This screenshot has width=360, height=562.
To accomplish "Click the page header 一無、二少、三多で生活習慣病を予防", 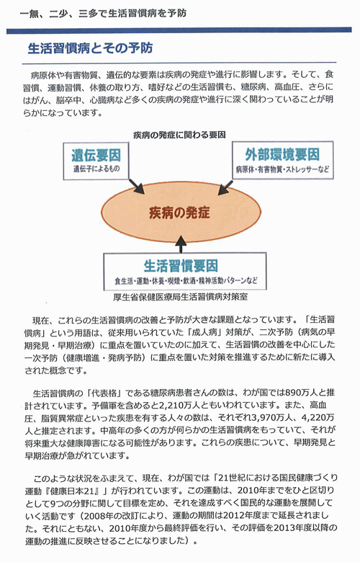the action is coord(104,13).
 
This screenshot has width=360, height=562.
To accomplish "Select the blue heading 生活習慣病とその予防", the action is coord(90,48).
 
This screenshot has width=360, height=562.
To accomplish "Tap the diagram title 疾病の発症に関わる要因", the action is coord(179,135).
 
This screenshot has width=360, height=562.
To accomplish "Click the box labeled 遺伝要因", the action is coord(96,161).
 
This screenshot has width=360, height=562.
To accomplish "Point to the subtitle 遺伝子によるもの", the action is coord(96,169).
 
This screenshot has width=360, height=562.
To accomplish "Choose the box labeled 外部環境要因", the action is coord(283,160).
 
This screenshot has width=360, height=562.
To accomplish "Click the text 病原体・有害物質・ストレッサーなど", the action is coord(282,169).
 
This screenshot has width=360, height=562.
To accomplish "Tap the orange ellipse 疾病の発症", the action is coord(181,212).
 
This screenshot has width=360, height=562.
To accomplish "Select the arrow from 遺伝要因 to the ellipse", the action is coord(136,187).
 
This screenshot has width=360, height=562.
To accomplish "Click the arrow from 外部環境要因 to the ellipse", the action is coord(225,187).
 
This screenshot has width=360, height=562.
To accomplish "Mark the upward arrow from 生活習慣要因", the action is coord(181,244).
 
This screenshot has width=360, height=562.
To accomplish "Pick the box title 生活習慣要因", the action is coord(181,266).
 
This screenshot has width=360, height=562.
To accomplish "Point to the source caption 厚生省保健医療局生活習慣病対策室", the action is coord(180,297).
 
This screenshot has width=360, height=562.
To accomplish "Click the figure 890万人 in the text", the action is coord(300,393).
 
